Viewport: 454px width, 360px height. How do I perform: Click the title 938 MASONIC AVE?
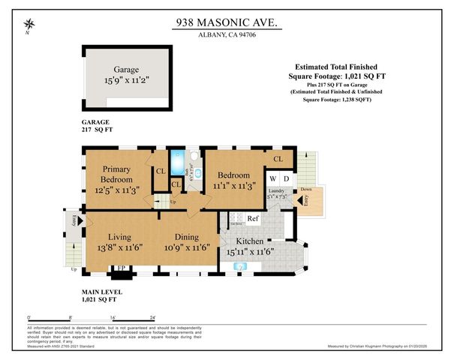226,23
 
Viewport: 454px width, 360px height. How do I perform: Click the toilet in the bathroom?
194,158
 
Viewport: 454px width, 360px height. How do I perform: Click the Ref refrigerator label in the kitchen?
253,219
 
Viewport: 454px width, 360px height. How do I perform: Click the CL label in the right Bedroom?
278,159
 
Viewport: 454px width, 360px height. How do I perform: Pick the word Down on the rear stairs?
307,190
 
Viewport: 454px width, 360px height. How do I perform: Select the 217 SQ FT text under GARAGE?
97,129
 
